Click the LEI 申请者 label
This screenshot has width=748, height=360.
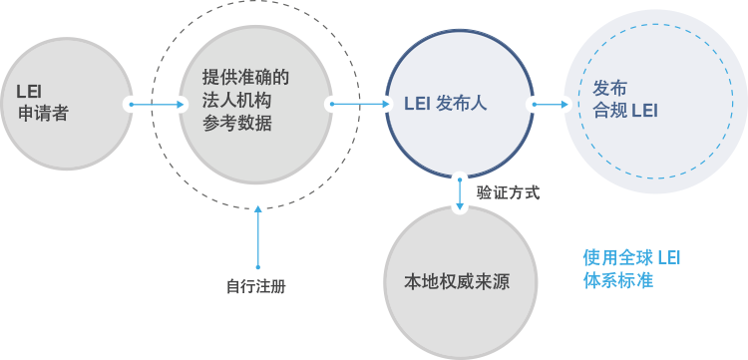click(43, 104)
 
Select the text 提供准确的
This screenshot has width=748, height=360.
click(245, 78)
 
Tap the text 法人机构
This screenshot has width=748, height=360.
click(236, 101)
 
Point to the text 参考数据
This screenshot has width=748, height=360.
click(236, 124)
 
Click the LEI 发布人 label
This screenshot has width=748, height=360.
click(446, 104)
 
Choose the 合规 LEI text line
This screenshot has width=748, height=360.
click(625, 111)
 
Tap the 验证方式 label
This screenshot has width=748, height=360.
click(508, 193)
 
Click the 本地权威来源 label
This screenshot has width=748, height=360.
click(457, 282)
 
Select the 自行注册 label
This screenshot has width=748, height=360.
click(256, 286)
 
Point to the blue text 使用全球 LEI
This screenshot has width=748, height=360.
click(631, 258)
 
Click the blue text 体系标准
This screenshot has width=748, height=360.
click(617, 280)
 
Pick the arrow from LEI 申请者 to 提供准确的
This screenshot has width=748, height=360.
click(157, 104)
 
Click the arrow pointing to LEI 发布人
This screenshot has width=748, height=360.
click(361, 104)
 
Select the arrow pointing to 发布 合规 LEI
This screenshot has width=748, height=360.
click(551, 104)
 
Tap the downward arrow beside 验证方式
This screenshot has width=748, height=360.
click(460, 194)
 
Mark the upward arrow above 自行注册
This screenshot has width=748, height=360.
click(258, 237)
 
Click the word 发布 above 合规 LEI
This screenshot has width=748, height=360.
click(609, 88)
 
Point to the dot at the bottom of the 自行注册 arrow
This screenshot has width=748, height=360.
click(258, 267)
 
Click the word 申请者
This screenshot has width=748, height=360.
click(44, 114)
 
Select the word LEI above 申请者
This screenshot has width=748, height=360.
click(29, 91)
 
